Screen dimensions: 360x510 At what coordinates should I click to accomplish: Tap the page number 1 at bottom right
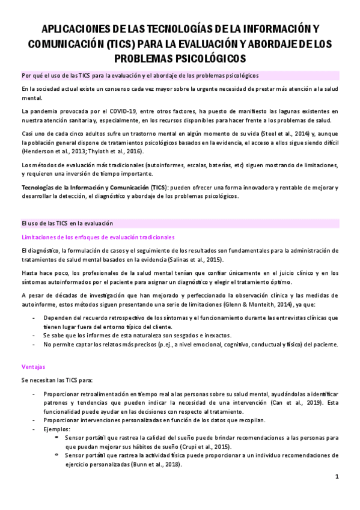[x=338, y=477]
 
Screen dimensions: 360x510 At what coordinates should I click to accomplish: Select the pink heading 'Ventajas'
[x=32, y=366]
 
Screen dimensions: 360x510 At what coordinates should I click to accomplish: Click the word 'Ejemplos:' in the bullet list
[x=57, y=429]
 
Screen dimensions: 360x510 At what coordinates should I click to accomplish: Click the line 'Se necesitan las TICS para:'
[x=57, y=380]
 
